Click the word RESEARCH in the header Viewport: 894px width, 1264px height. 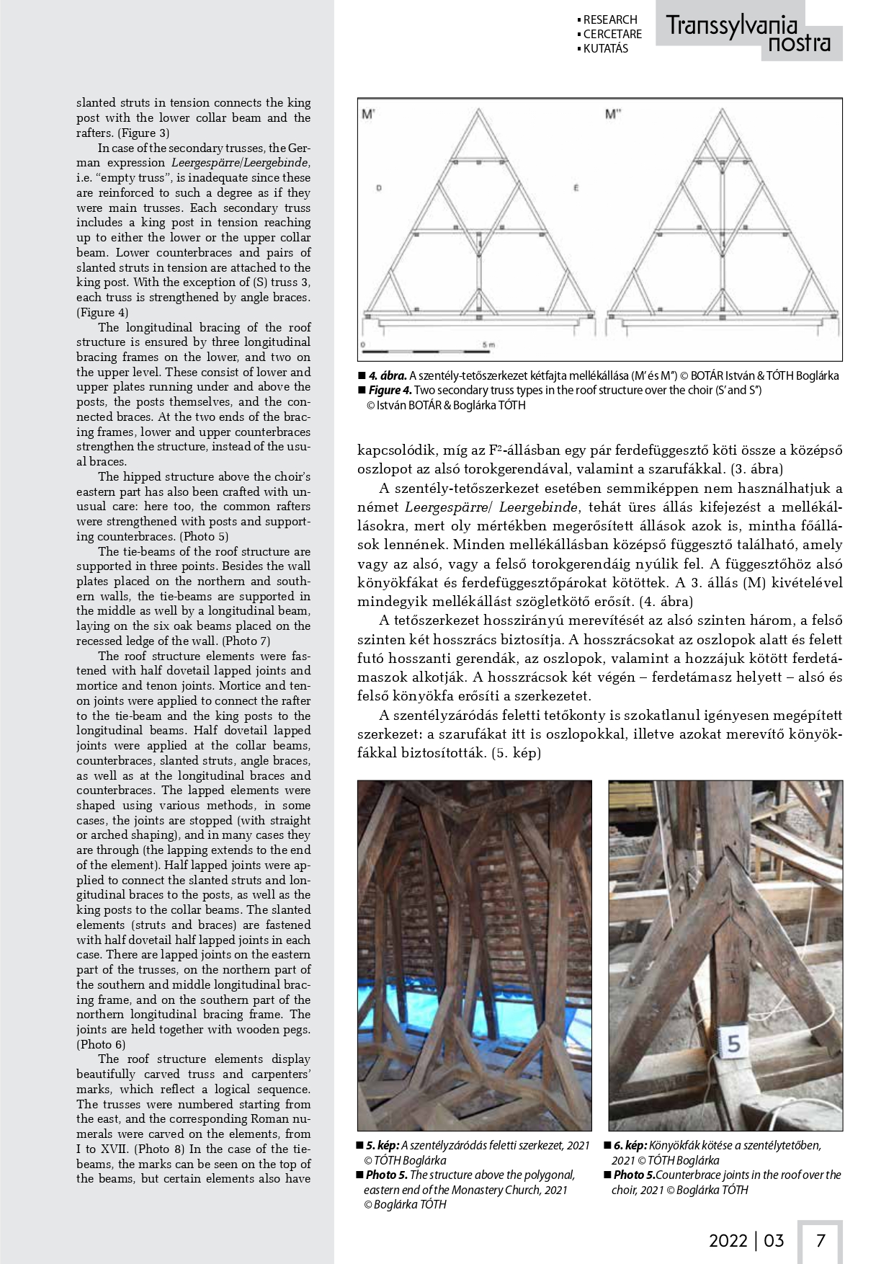pos(610,19)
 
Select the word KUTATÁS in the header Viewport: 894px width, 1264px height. pos(605,48)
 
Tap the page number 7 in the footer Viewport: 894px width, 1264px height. pos(820,1240)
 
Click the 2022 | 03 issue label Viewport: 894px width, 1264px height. pos(746,1240)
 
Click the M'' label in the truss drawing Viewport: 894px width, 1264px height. pos(613,114)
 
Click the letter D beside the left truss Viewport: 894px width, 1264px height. pos(379,188)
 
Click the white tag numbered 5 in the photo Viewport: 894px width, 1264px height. pos(733,1043)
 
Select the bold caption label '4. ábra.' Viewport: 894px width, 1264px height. pos(388,375)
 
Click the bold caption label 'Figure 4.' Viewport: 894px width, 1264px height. pos(390,390)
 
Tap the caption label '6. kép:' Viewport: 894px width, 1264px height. pos(630,1145)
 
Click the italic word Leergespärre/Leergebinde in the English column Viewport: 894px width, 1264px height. pos(241,163)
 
